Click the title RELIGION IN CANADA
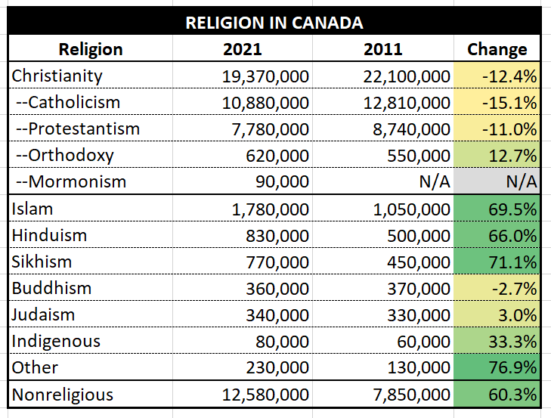click(274, 23)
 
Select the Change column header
click(497, 50)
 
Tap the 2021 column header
click(243, 50)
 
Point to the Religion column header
click(91, 50)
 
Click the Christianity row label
click(57, 76)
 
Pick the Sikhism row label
click(42, 262)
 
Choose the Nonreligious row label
click(63, 394)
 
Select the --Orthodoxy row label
click(65, 156)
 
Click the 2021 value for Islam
click(265, 209)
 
